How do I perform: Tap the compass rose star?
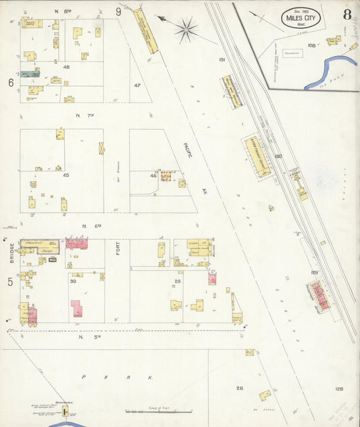pyautogui.click(x=186, y=28)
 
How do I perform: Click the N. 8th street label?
pyautogui.click(x=62, y=11)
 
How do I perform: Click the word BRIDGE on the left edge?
pyautogui.click(x=11, y=254)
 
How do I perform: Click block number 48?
pyautogui.click(x=66, y=68)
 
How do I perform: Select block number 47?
pyautogui.click(x=137, y=85)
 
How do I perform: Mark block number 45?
pyautogui.click(x=66, y=175)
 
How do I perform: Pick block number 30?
pyautogui.click(x=73, y=281)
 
